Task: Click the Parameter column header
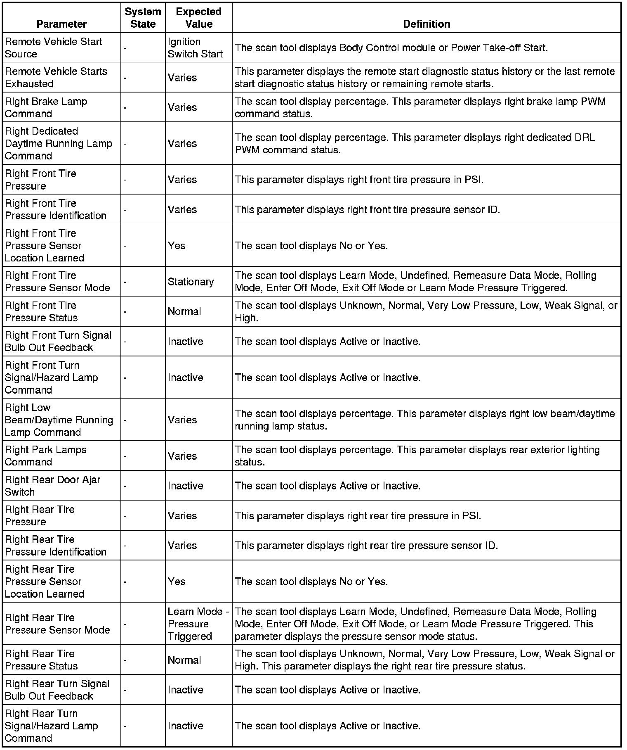[61, 24]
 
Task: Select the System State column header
[143, 18]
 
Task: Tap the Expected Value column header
[198, 18]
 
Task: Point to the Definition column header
[426, 24]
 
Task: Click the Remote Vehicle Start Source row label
[53, 47]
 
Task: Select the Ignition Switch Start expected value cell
[195, 47]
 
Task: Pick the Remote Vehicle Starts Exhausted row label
[56, 77]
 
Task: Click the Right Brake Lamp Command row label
[46, 107]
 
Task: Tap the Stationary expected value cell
[191, 282]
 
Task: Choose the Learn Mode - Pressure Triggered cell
[198, 624]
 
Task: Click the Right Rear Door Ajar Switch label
[52, 486]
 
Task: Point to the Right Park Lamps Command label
[45, 456]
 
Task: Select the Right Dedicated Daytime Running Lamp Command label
[58, 143]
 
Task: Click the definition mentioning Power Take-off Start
[391, 47]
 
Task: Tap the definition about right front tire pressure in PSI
[359, 180]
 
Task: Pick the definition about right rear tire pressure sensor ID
[366, 546]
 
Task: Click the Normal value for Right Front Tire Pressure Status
[184, 311]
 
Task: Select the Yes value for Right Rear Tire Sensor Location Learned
[177, 581]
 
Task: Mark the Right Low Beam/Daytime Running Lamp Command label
[59, 420]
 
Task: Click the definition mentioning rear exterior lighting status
[417, 456]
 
